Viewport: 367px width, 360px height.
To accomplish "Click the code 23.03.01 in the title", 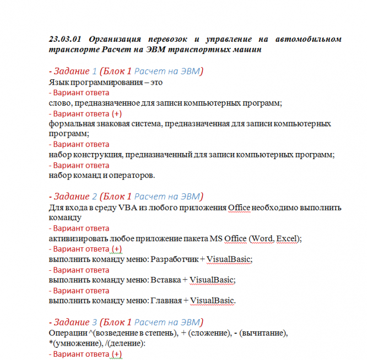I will click(64, 39).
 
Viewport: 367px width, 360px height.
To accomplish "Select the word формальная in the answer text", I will click(69, 124).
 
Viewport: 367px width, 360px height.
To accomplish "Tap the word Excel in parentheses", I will click(287, 238).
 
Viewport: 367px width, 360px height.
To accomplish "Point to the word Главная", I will click(167, 301).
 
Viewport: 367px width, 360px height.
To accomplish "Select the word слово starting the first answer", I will click(58, 103).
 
